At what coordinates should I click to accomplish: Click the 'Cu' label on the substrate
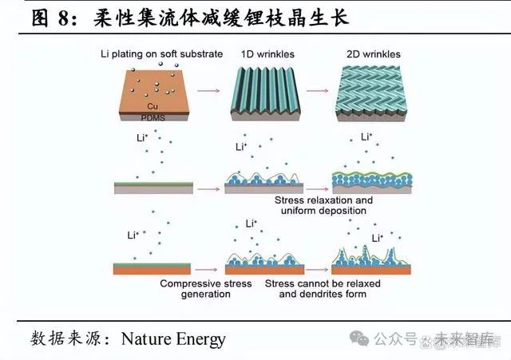(151, 105)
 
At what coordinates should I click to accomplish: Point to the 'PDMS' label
(150, 117)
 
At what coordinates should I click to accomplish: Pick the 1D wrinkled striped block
(266, 94)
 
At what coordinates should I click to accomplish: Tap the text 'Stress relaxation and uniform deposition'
(323, 205)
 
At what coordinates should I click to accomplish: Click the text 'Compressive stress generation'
(205, 289)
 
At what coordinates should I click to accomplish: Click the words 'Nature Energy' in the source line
(173, 339)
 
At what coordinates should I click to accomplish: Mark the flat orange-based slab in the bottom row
(153, 267)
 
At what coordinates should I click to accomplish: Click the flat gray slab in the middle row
(153, 188)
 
